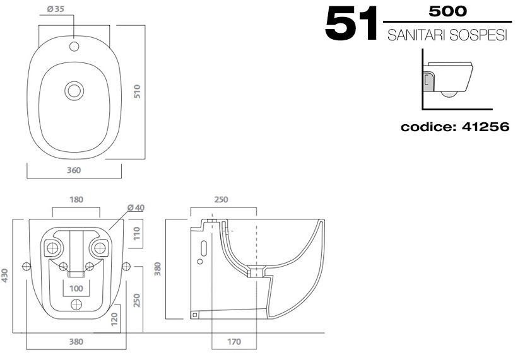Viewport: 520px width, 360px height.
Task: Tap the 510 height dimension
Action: tap(136, 91)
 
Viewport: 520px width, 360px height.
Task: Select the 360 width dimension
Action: tap(74, 170)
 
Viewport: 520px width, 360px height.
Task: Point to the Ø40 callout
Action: tap(135, 207)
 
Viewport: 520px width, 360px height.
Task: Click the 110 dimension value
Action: tap(137, 236)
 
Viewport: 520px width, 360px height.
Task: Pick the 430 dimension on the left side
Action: tap(6, 276)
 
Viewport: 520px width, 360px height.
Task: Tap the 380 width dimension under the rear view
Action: tap(76, 342)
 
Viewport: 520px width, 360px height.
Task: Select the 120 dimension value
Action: tap(114, 318)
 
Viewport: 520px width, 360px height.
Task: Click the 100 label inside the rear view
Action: tap(76, 288)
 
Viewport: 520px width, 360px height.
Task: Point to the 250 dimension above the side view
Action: tap(222, 200)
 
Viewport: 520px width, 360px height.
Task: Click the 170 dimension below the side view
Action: tap(235, 342)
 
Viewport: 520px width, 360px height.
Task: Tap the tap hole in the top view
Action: tap(74, 45)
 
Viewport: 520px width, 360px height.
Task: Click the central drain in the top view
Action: tap(74, 91)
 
